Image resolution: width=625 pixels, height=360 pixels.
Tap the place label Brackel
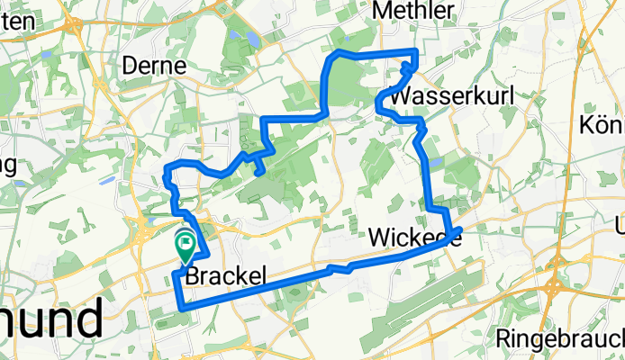(x=225, y=279)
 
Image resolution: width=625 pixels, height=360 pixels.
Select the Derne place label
(x=154, y=67)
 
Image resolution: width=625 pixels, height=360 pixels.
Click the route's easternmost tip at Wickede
(x=460, y=230)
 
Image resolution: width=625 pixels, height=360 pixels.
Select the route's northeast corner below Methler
(x=415, y=50)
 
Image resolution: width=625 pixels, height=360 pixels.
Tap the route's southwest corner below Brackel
(x=183, y=308)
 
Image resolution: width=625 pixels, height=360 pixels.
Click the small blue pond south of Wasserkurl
(x=436, y=163)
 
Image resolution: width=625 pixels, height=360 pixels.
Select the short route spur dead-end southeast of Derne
(x=261, y=172)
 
